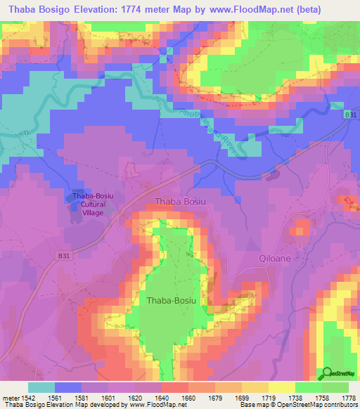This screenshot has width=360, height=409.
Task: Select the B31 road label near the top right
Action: (x=349, y=113)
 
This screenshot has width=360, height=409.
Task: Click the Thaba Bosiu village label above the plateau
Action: (x=181, y=201)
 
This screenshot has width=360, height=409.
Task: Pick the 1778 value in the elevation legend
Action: (x=348, y=398)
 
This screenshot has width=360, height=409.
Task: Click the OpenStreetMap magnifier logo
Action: (x=326, y=372)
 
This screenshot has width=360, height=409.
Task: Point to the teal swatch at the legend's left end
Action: (x=41, y=387)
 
